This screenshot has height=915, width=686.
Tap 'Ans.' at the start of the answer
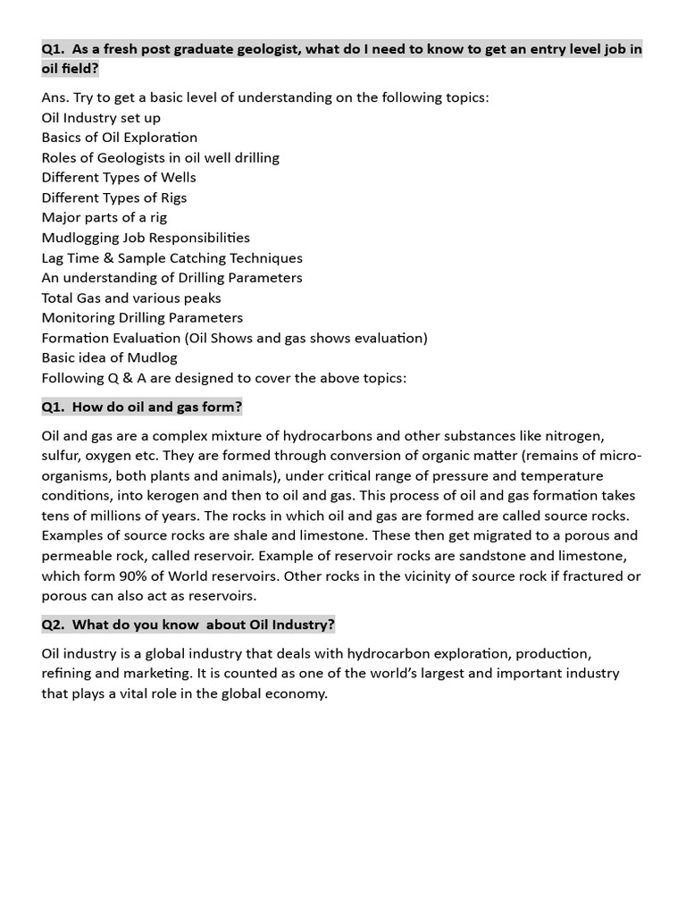point(55,97)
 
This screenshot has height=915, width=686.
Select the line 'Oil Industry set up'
point(101,117)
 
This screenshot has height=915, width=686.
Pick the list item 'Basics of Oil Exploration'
point(119,138)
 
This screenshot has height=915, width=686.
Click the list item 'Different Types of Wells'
point(119,177)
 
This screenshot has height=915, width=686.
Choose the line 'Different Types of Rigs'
point(114,197)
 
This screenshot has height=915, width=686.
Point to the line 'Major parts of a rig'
point(104,217)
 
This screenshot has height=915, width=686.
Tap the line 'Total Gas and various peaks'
point(131,298)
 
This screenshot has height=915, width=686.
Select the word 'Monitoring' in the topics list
point(78,317)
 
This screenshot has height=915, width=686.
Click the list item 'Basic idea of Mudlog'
point(109,357)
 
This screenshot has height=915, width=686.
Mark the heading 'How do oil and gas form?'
point(156,407)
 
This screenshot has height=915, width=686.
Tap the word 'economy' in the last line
point(297,693)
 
